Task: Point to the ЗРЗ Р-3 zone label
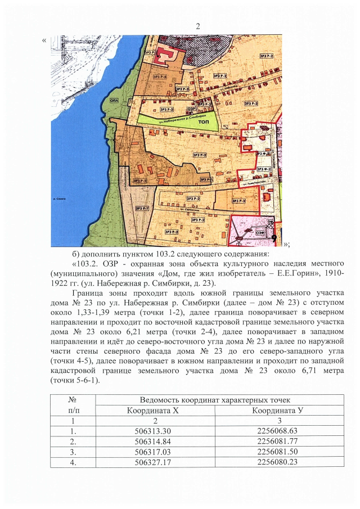point(238,201)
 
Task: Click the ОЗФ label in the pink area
point(260,231)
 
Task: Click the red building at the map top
point(166,55)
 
